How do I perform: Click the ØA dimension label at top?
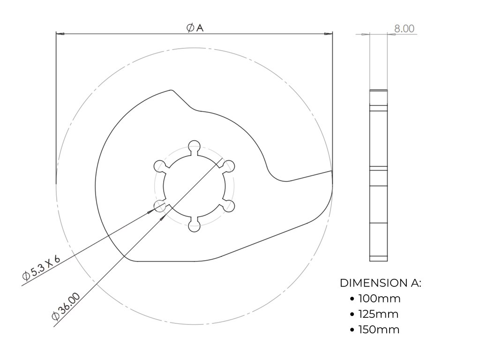coord(195,28)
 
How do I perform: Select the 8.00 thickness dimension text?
coord(404,29)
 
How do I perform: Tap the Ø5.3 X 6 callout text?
coord(41,268)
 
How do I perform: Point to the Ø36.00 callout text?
coord(66,307)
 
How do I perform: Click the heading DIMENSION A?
coord(381,283)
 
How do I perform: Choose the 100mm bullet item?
coord(379,299)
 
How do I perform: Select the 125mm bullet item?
coord(378,314)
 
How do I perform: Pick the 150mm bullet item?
coord(379,330)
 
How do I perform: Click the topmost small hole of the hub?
coord(194,146)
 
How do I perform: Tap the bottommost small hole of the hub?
coord(194,226)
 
